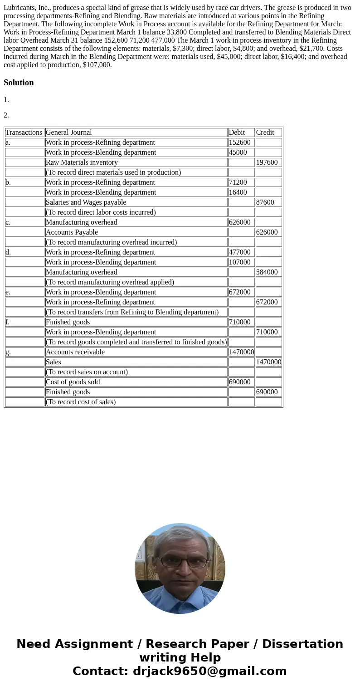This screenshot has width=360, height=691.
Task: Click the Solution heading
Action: click(x=19, y=83)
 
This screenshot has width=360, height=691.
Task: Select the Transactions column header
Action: click(x=24, y=132)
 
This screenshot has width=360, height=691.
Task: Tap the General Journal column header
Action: click(x=68, y=132)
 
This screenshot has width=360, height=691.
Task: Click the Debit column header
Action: click(x=237, y=132)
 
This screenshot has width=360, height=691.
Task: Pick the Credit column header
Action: click(x=265, y=132)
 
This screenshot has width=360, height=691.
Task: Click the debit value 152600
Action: click(x=239, y=142)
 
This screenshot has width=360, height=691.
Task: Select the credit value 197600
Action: click(x=267, y=162)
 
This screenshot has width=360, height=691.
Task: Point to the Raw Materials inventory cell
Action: click(x=82, y=162)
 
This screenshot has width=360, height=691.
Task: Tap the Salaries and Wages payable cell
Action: click(x=86, y=202)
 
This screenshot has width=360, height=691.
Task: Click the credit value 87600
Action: click(x=265, y=202)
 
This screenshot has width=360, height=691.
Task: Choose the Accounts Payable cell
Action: click(x=72, y=232)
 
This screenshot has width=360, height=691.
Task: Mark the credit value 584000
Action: click(x=267, y=272)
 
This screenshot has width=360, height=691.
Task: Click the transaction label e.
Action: click(x=8, y=292)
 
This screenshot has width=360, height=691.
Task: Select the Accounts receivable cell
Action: click(x=75, y=352)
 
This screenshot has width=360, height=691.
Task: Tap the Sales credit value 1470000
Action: click(x=268, y=362)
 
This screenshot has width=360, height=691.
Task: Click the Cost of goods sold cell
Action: click(x=73, y=382)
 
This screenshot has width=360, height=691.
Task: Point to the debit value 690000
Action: click(x=239, y=382)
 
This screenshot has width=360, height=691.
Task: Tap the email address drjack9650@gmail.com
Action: click(x=209, y=671)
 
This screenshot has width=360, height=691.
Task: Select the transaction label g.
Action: click(x=8, y=352)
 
